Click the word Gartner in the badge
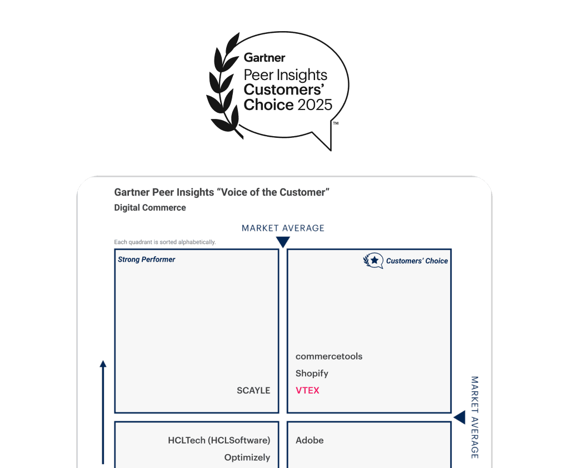point(264,58)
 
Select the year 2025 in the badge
point(315,104)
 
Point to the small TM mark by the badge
point(336,124)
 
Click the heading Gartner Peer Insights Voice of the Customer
point(222,192)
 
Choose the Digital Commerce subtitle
point(150,208)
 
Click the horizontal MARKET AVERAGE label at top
point(283,228)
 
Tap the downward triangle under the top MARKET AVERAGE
point(283,242)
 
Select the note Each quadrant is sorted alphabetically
point(165,242)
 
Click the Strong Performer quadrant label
point(147,260)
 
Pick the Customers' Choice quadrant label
point(417,261)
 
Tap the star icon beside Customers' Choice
point(374,260)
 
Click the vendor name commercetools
point(329,356)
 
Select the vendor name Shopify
point(312,374)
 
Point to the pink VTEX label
point(307,390)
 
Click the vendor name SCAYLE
point(253,390)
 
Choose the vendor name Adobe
point(310,440)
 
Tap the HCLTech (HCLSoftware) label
point(219,440)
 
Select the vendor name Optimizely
point(247,457)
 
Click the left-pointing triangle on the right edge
point(460,417)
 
